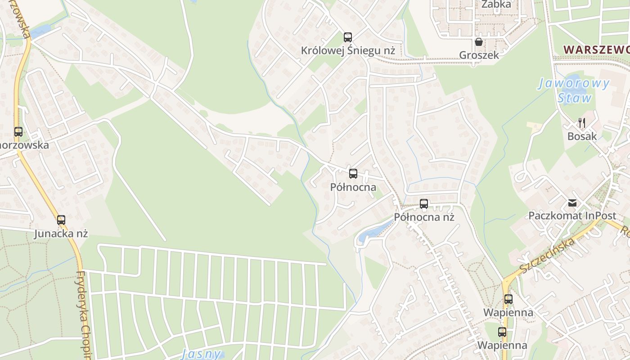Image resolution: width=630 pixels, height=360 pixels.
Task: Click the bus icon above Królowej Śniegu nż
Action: coord(348,37)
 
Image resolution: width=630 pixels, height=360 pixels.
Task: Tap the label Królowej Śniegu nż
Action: coord(348,51)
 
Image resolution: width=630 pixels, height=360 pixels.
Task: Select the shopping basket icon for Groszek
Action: coord(479,42)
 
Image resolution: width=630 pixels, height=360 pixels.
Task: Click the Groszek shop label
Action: coord(479,55)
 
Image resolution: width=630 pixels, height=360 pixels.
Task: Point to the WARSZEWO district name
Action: coord(596,49)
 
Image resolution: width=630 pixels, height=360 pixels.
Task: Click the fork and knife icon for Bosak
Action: coord(582,122)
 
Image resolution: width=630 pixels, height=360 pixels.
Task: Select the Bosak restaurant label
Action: coord(582,136)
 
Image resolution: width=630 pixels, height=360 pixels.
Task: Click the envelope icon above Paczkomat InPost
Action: coord(572,203)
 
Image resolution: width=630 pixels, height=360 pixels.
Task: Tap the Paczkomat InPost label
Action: coord(572,216)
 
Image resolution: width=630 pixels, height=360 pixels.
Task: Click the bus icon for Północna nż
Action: coord(424,204)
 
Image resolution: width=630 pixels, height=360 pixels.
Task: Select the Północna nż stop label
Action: coord(424,217)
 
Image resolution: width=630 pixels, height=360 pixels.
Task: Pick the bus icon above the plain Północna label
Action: coord(353,174)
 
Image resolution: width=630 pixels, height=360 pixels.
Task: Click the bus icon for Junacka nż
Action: coord(61,220)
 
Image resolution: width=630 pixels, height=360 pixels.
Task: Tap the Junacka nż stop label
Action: coord(61,234)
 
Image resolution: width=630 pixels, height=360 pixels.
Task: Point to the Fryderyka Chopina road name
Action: coord(84,315)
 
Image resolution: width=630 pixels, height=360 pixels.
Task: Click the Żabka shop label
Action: coord(496,4)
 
